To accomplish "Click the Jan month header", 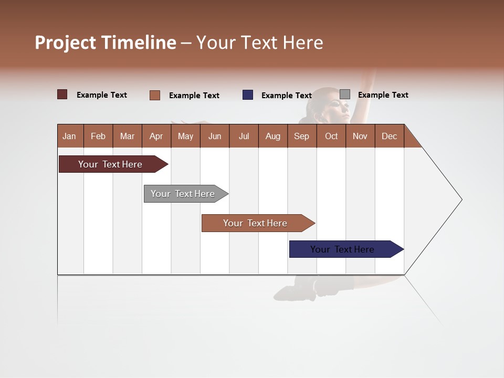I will point(69,136).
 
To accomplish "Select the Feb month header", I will point(98,136).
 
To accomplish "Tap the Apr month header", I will point(156,136).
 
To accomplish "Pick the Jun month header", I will point(215,136).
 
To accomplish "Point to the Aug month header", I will point(272,136).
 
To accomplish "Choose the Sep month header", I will point(301,136).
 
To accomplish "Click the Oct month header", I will point(331,136).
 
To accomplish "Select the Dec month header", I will point(389,136).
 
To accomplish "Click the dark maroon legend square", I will point(62,94).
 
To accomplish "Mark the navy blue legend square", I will point(248,95).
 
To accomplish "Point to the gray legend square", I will point(345,94).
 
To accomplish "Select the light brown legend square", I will point(155,95).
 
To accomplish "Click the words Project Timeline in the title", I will point(106,43).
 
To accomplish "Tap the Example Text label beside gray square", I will point(383,95).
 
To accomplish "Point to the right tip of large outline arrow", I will point(461,199).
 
